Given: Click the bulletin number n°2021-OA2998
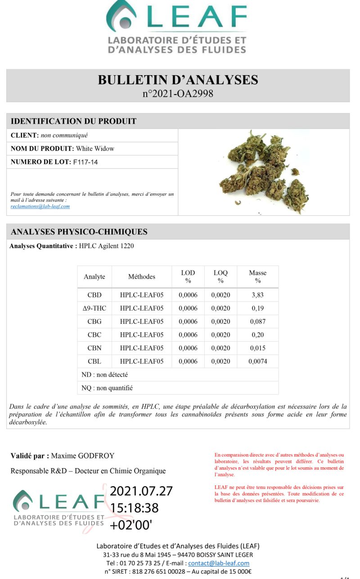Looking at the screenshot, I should [x=178, y=94].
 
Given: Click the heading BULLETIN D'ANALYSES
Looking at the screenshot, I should [x=178, y=80].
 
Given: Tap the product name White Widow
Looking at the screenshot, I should [x=95, y=149].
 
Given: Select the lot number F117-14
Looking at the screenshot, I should [x=85, y=162].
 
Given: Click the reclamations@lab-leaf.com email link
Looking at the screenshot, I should [x=40, y=206].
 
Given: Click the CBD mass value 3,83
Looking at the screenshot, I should [x=257, y=295].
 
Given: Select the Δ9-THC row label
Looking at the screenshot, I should [x=94, y=308].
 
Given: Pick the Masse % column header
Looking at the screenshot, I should [x=257, y=276].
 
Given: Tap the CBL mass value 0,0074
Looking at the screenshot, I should [x=257, y=361].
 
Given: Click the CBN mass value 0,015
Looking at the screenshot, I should [x=257, y=348].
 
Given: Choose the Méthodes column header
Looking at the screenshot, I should [x=141, y=276].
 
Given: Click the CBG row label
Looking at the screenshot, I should [x=94, y=321].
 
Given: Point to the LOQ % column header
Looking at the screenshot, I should [x=220, y=276].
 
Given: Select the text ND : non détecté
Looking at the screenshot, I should [x=102, y=375].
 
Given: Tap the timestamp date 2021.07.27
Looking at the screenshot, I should [x=141, y=491].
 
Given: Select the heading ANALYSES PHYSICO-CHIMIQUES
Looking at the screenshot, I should [x=79, y=232].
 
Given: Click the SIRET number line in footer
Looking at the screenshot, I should [x=178, y=572].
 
